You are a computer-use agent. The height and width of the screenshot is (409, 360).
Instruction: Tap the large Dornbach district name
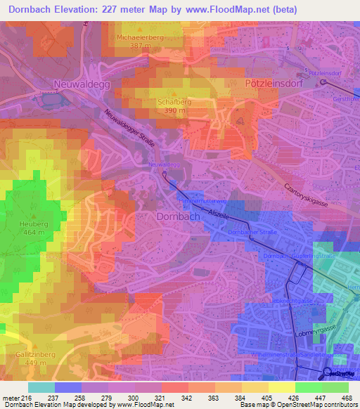click(x=178, y=217)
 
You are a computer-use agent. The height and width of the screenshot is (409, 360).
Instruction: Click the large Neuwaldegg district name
click(x=82, y=84)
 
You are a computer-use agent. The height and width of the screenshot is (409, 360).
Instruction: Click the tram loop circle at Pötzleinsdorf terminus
click(x=324, y=82)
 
